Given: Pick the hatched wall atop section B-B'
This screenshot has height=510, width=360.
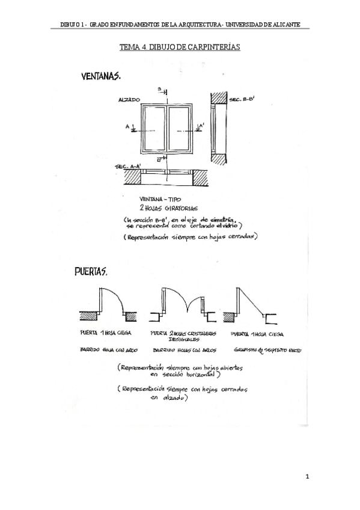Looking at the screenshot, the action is (x=218, y=97).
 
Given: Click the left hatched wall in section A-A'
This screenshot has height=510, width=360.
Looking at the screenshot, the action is (x=132, y=177).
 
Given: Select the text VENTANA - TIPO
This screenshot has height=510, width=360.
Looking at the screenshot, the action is (x=160, y=198).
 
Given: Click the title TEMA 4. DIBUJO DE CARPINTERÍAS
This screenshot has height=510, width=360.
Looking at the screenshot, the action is (x=180, y=47).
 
